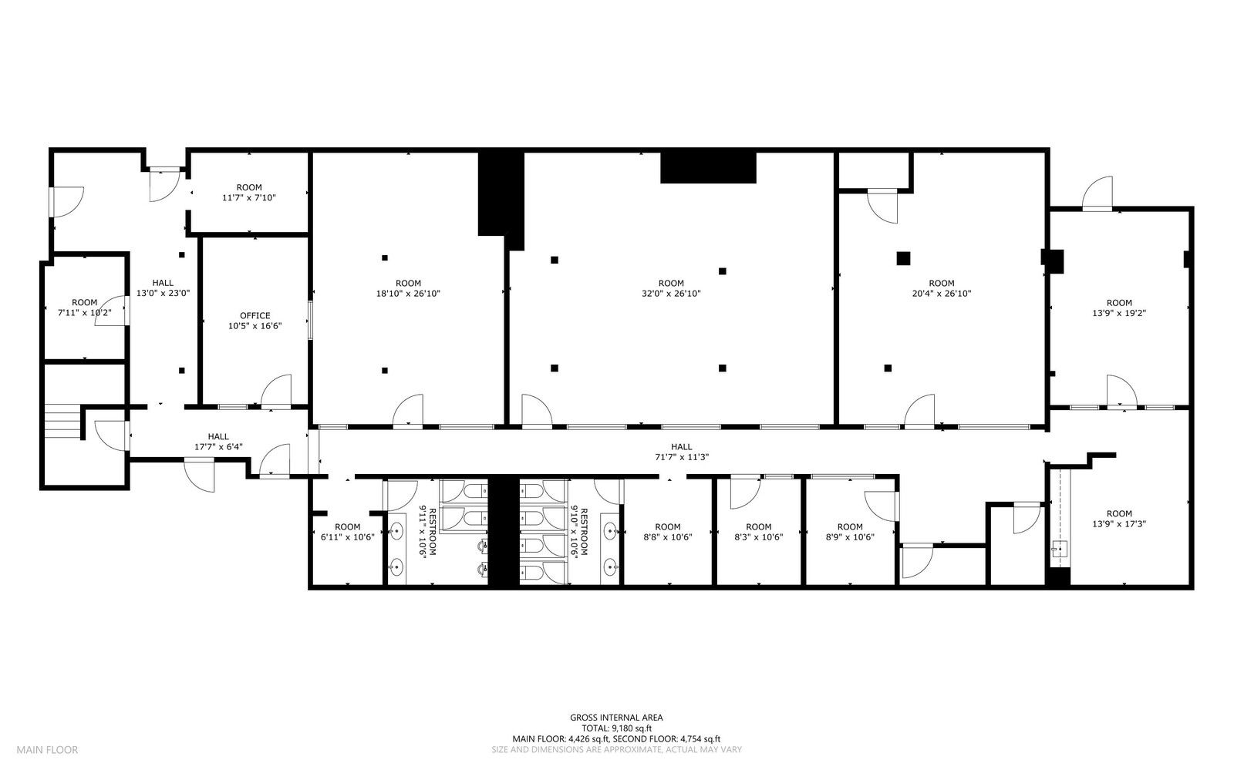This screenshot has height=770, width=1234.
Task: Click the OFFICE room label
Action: click(x=255, y=315)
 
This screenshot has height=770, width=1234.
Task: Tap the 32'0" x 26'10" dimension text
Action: click(x=671, y=294)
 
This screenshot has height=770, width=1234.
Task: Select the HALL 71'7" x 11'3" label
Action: click(x=682, y=452)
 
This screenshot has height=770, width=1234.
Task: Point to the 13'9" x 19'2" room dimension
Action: click(x=1119, y=313)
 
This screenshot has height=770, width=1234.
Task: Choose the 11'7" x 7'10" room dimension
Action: click(x=249, y=197)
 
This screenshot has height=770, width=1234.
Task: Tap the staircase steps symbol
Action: click(x=62, y=421)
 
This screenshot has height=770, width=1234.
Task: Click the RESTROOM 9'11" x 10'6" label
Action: click(x=427, y=533)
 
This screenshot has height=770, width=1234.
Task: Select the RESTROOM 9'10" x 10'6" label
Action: click(x=579, y=533)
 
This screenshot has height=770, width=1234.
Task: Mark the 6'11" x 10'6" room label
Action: click(x=347, y=532)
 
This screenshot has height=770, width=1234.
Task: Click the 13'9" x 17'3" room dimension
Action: click(x=1119, y=524)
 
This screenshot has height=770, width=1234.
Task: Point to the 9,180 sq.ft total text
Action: click(x=616, y=728)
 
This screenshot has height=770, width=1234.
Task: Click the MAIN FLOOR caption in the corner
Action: click(x=47, y=750)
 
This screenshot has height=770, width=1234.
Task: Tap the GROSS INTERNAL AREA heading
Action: click(x=616, y=718)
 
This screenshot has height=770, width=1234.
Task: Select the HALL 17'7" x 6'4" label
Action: click(x=218, y=442)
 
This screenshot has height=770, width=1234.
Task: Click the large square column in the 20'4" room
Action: click(x=903, y=258)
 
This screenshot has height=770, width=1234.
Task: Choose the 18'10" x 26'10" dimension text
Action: click(x=408, y=294)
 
